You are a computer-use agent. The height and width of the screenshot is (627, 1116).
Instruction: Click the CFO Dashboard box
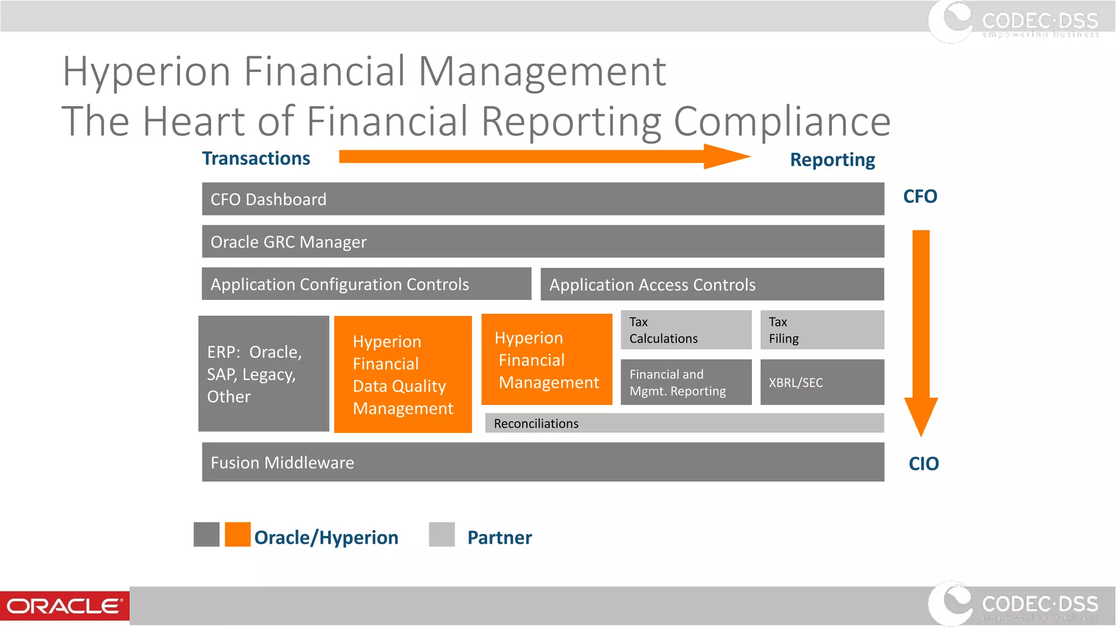point(543,199)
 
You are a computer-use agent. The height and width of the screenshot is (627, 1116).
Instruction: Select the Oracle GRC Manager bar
point(543,242)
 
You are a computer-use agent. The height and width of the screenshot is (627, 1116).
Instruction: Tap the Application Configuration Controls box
point(366,284)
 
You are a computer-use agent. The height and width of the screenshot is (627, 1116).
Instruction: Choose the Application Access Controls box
point(712,285)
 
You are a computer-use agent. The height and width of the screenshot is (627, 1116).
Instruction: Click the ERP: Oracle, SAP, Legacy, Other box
point(264,374)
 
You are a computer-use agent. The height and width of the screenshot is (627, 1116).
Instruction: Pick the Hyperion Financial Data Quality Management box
point(403,374)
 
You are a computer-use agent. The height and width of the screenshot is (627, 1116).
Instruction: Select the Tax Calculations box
point(686,330)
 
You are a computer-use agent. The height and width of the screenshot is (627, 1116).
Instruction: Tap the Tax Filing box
point(822,330)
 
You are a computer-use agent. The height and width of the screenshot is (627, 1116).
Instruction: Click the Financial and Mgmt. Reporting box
point(686,382)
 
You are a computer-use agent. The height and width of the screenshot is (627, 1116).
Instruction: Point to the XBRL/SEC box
point(822,382)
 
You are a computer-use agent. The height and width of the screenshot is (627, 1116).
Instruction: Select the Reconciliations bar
point(684,423)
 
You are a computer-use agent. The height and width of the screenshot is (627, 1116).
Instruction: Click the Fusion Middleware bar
point(543,462)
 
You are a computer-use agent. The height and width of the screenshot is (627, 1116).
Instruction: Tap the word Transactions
point(256,158)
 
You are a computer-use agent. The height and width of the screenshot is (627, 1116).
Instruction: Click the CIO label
point(924,464)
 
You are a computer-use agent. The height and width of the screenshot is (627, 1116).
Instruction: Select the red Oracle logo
point(64,606)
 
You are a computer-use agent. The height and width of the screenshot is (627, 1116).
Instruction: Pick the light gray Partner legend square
point(442,534)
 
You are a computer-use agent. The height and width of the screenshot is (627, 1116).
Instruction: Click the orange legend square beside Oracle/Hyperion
point(238,534)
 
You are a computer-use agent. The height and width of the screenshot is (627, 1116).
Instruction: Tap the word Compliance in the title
point(782,121)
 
